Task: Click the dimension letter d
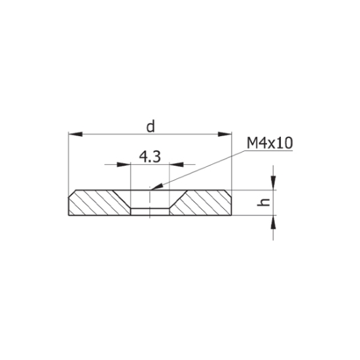coord(151,127)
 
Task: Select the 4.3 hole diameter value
coord(150,157)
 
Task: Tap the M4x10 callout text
coord(270,143)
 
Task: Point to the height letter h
coord(263,202)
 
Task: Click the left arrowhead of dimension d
coord(75,134)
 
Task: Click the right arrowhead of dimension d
coord(225,134)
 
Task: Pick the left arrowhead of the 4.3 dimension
coord(124,164)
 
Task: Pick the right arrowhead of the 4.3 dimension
coord(176,164)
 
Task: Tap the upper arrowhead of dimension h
coord(273,183)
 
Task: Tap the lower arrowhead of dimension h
coord(273,223)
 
